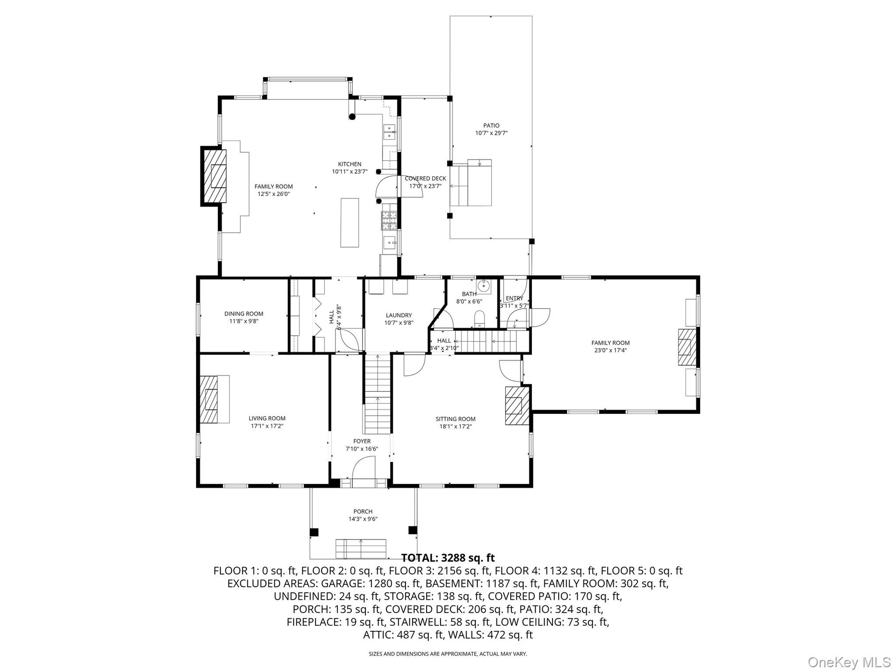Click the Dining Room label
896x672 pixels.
[244, 314]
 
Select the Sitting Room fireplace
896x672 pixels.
[517, 405]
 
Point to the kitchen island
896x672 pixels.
[350, 223]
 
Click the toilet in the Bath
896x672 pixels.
[480, 320]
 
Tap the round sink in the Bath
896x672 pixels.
[484, 285]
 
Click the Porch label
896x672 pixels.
[363, 511]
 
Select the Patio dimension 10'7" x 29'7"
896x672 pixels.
[491, 133]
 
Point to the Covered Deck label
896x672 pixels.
[425, 178]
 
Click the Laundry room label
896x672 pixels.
[399, 315]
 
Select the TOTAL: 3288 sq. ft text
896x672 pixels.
[448, 558]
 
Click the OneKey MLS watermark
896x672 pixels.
[849, 661]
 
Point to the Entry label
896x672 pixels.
[514, 298]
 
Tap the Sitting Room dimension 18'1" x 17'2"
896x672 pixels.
[455, 426]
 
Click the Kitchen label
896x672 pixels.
[350, 164]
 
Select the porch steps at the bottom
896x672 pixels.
[361, 549]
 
